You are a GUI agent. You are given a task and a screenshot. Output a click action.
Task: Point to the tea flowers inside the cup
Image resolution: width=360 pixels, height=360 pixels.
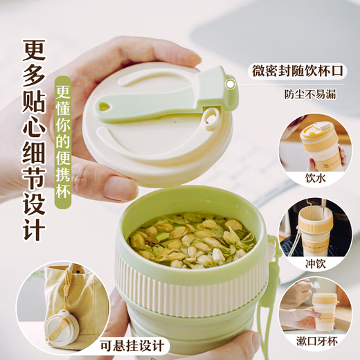pos(190,240)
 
